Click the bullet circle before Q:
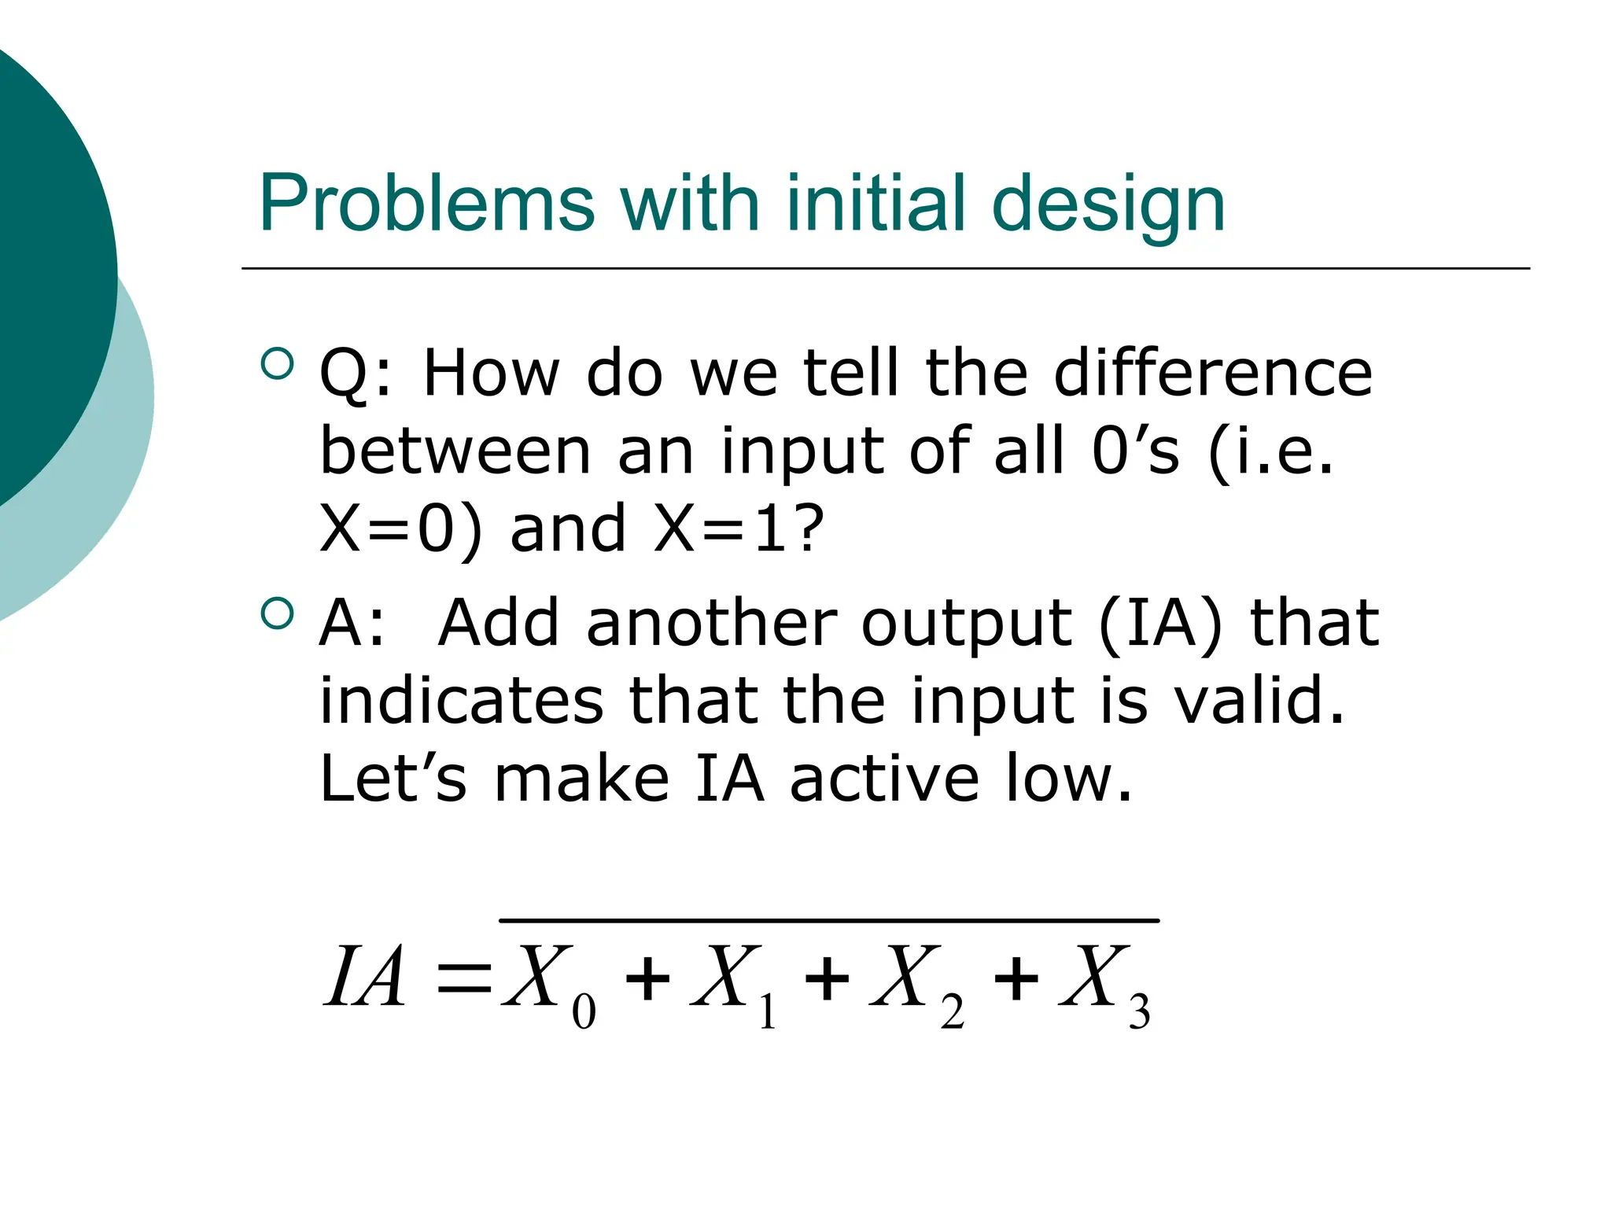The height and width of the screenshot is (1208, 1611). pyautogui.click(x=276, y=363)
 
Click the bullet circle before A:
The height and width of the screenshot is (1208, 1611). pyautogui.click(x=276, y=613)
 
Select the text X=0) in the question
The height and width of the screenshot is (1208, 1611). pyautogui.click(x=400, y=528)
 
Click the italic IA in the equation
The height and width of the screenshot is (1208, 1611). pyautogui.click(x=365, y=977)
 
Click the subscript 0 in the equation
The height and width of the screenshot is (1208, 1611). pyautogui.click(x=584, y=1012)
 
